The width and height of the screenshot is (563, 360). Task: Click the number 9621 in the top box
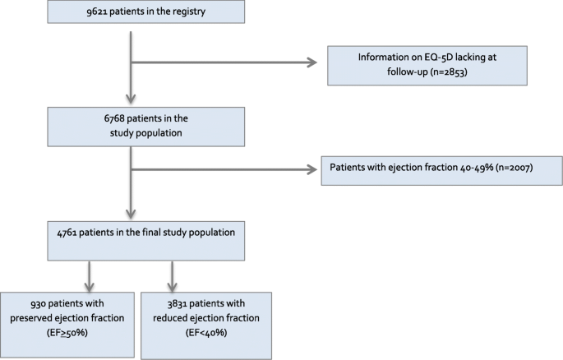click(85, 15)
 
